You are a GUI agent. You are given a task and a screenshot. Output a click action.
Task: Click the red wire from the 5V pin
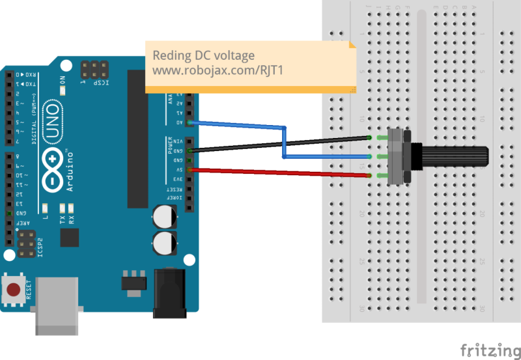pos(280,173)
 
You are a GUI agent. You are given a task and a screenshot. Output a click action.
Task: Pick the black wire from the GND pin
pos(280,144)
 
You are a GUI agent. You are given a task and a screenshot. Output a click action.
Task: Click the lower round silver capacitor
pos(164,242)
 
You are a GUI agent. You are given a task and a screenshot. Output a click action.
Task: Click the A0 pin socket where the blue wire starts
pos(190,122)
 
